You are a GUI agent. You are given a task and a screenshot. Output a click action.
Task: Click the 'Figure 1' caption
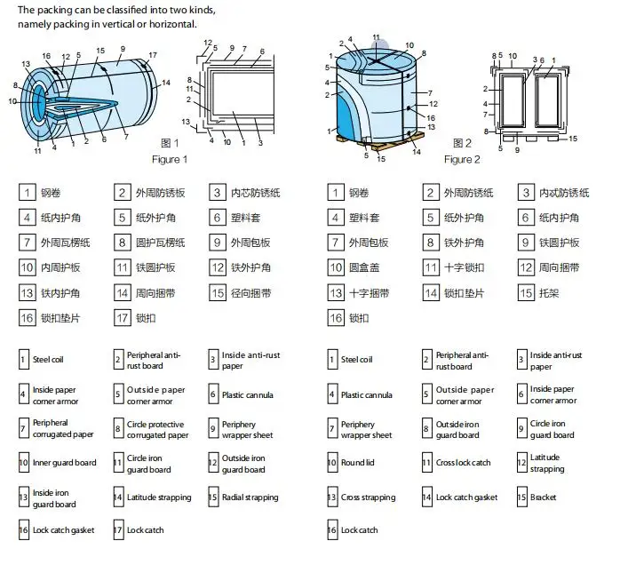(x=170, y=160)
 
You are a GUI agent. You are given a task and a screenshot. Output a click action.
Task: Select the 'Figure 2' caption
(x=462, y=160)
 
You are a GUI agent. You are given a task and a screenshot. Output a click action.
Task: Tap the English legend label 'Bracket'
(x=544, y=497)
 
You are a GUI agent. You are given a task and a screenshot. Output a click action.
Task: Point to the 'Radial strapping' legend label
(x=250, y=497)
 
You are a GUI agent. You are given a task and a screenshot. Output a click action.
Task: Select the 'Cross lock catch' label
(x=463, y=463)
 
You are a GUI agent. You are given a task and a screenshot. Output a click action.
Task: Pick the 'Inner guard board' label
(x=65, y=463)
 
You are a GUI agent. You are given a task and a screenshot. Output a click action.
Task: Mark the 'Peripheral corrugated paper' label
(x=63, y=429)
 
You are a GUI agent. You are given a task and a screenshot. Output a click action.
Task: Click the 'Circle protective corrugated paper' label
(x=157, y=429)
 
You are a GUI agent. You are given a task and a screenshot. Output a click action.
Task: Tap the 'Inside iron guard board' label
(x=54, y=497)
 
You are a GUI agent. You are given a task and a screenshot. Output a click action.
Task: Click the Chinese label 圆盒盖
(x=367, y=267)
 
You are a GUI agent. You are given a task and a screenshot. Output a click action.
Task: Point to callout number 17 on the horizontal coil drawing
(x=153, y=55)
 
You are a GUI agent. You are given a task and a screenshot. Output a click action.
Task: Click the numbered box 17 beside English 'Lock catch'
(x=118, y=530)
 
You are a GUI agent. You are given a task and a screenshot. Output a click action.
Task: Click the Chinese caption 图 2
(x=462, y=143)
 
